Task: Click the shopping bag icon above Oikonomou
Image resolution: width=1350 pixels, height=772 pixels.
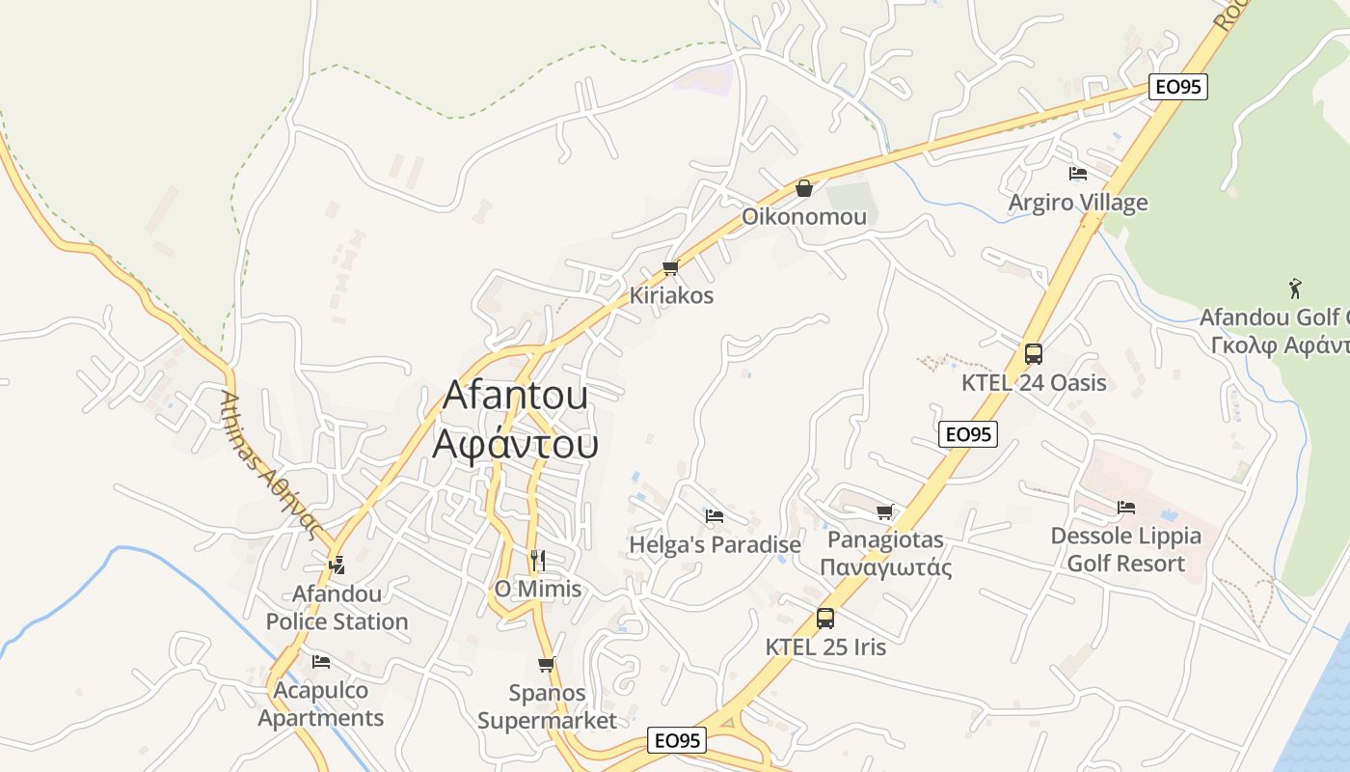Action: pyautogui.click(x=803, y=188)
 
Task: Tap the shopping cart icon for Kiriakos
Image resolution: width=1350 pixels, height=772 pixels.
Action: pyautogui.click(x=670, y=267)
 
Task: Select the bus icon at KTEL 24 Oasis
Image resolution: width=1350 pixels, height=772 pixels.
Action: pyautogui.click(x=1034, y=354)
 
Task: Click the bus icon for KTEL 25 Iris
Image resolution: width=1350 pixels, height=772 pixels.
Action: pyautogui.click(x=825, y=619)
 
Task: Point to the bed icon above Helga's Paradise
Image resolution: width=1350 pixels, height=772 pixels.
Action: pyautogui.click(x=715, y=516)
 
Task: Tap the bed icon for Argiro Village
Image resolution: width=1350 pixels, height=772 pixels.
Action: pyautogui.click(x=1078, y=174)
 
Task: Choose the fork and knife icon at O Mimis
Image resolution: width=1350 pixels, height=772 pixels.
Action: pyautogui.click(x=538, y=560)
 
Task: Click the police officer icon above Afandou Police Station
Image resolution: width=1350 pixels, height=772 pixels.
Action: pyautogui.click(x=337, y=565)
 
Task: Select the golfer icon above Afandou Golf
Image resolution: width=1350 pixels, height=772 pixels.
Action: pyautogui.click(x=1295, y=289)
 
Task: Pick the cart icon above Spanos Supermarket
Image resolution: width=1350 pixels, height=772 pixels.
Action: pyautogui.click(x=546, y=664)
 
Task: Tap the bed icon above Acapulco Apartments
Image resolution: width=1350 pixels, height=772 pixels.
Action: pyautogui.click(x=321, y=662)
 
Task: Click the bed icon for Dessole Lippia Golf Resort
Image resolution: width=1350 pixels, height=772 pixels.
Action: pyautogui.click(x=1125, y=508)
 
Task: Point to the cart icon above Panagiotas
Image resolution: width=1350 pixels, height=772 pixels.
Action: pyautogui.click(x=884, y=511)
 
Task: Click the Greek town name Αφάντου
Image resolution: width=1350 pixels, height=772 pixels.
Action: pyautogui.click(x=516, y=444)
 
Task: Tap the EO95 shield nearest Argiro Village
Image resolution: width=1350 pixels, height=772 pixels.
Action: pyautogui.click(x=1178, y=87)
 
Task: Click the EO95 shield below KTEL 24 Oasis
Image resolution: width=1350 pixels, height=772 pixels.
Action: pyautogui.click(x=968, y=434)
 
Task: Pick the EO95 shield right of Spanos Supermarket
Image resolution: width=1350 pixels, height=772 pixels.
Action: pyautogui.click(x=677, y=741)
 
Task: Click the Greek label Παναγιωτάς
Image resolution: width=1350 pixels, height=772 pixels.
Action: pyautogui.click(x=885, y=567)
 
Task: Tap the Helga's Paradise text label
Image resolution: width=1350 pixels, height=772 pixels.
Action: pyautogui.click(x=715, y=545)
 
